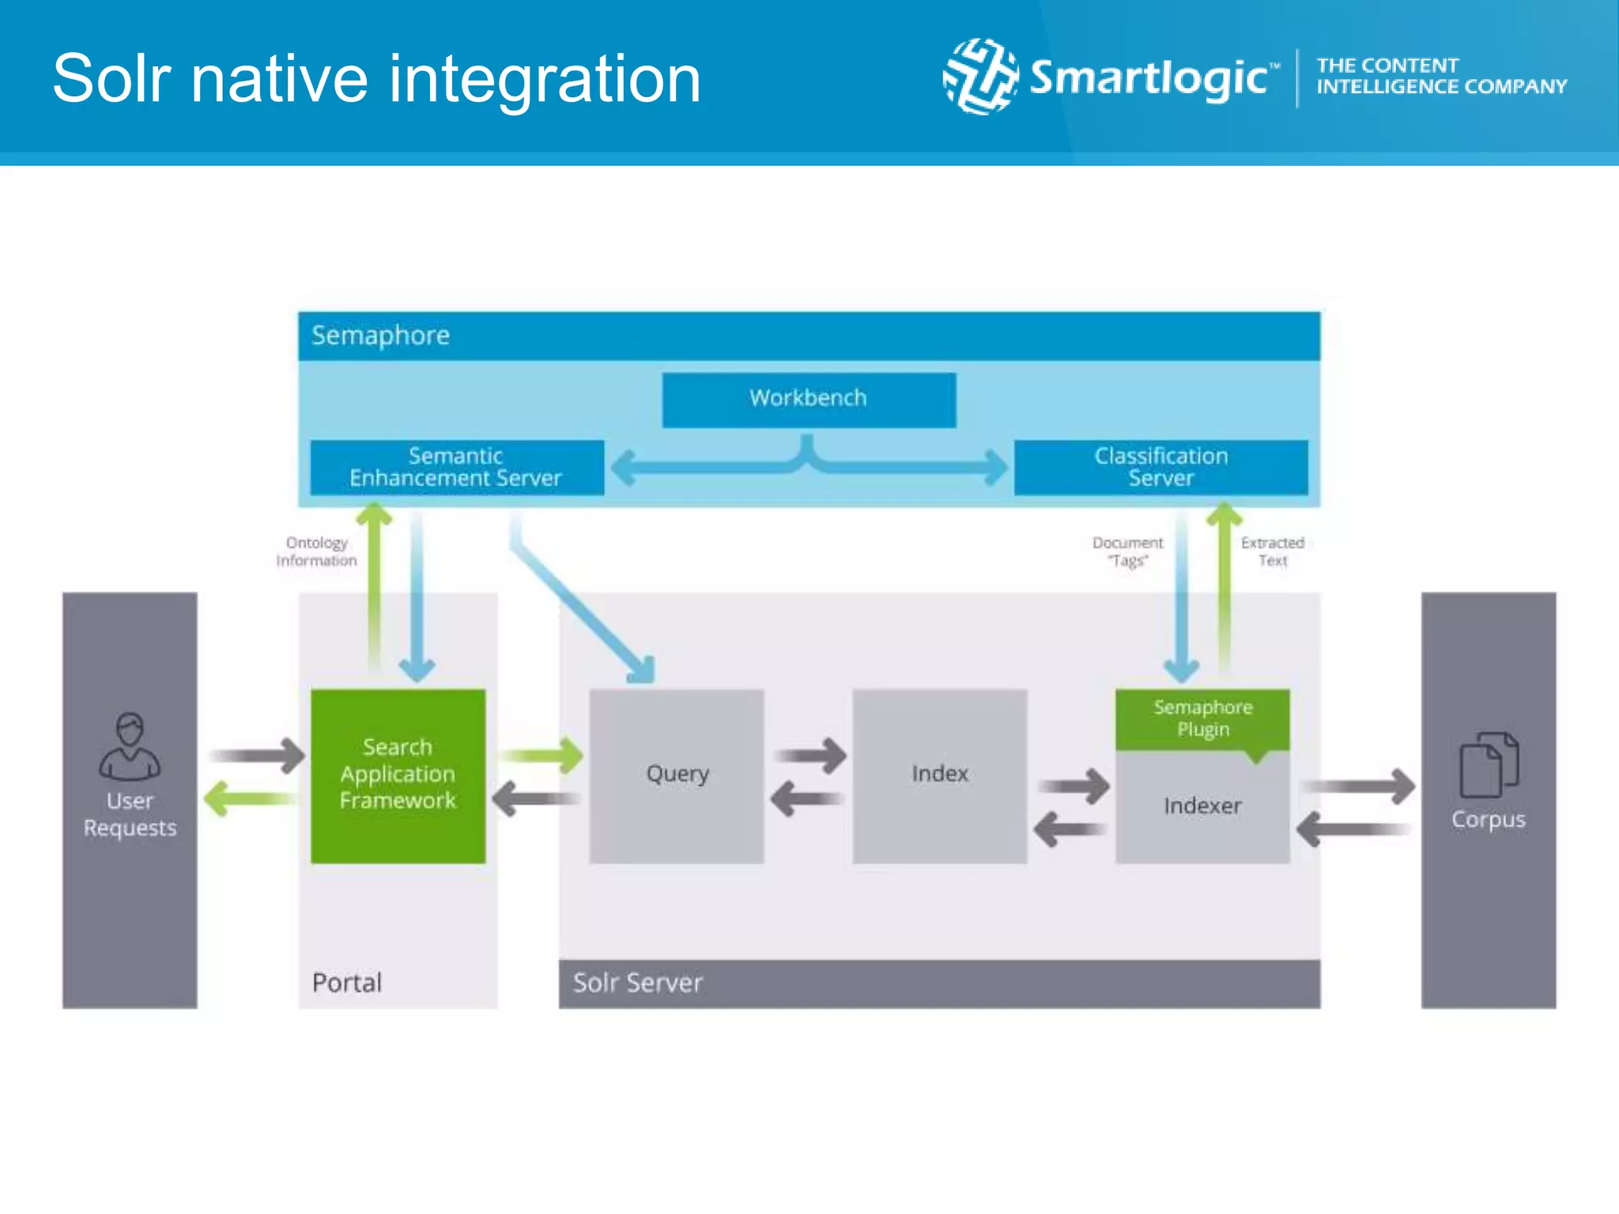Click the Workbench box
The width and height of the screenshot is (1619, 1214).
pos(809,400)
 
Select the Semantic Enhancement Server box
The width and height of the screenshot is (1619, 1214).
pos(456,467)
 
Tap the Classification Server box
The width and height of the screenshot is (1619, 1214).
pos(1160,467)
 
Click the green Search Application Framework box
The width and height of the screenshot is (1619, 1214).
pos(398,775)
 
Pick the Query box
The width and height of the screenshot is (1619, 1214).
pos(677,775)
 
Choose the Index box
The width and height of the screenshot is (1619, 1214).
pos(939,775)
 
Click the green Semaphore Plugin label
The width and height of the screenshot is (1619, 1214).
pos(1202,718)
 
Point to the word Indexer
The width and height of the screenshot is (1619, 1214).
pos(1202,806)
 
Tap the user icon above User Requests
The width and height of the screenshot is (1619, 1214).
pos(130,746)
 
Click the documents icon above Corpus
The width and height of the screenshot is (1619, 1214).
pos(1489,764)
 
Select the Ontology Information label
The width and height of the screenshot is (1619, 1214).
pos(316,552)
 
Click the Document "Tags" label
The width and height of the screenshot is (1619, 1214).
pos(1127,552)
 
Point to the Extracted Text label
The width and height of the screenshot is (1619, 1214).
pos(1272,552)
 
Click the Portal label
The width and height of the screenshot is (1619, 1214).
pos(347,982)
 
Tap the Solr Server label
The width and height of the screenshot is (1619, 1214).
pos(637,982)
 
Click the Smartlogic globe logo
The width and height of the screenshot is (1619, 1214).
pos(980,77)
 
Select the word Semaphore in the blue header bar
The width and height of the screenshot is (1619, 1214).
pos(380,336)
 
